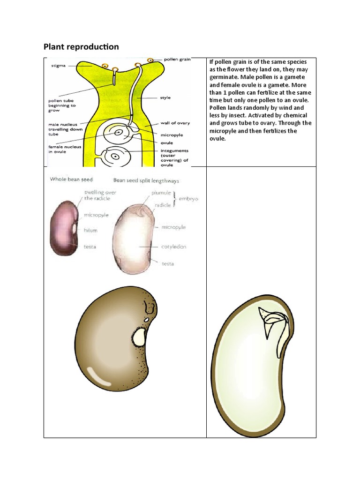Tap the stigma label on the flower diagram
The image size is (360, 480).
click(59, 67)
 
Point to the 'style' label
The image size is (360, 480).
click(165, 97)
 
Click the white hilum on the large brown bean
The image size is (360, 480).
click(140, 336)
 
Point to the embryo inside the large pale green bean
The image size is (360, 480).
click(270, 323)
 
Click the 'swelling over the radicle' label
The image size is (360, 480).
click(100, 195)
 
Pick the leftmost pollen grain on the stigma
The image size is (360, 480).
click(105, 66)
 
